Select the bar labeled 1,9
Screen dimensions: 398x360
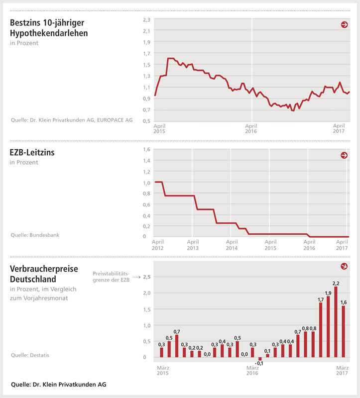click(328, 326)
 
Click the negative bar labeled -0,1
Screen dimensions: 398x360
click(260, 359)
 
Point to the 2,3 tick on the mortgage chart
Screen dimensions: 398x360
click(146, 19)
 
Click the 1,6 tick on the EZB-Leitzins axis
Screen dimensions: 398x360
click(146, 150)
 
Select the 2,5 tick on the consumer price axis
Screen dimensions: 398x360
click(146, 277)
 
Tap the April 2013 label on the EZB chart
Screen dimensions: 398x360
click(193, 244)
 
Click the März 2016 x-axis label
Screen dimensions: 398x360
click(252, 371)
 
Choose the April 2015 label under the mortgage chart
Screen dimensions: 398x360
click(160, 129)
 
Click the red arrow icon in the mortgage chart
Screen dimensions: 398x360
click(344, 24)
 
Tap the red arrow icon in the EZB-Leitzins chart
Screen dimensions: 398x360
click(344, 155)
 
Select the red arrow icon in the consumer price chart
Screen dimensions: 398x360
click(344, 266)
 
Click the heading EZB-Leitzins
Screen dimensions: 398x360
click(32, 153)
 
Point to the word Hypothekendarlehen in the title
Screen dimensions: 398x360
click(49, 33)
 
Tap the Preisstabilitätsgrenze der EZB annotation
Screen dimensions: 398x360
click(111, 277)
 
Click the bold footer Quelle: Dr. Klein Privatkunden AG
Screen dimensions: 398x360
click(58, 384)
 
